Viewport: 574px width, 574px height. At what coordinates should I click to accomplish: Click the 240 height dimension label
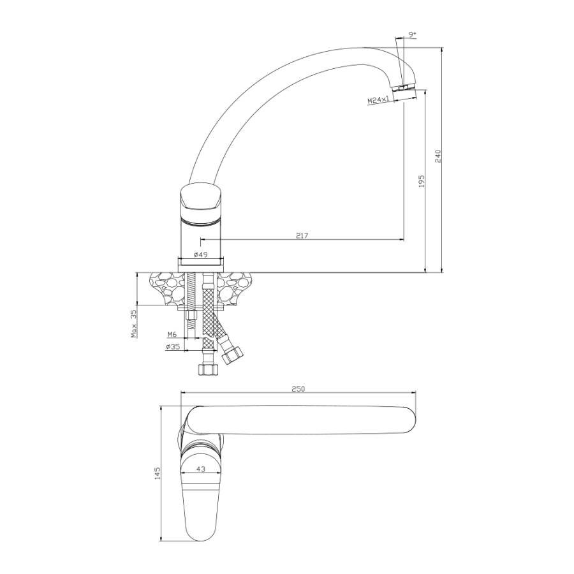(438, 156)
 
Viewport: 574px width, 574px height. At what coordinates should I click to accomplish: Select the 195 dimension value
(422, 181)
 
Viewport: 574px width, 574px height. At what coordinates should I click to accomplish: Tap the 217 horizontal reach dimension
(302, 235)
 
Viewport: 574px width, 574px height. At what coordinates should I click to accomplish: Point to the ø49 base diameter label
(200, 254)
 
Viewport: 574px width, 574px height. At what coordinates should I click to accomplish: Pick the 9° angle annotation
(412, 34)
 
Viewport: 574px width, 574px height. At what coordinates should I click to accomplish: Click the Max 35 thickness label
(134, 323)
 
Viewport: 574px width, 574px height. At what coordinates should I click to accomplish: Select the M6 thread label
(172, 334)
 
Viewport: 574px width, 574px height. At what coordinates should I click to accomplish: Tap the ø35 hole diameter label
(173, 346)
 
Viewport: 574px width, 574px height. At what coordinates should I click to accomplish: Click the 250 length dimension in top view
(298, 389)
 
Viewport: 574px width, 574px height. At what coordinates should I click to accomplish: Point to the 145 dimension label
(158, 473)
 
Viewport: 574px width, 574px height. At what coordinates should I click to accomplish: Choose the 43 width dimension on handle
(201, 469)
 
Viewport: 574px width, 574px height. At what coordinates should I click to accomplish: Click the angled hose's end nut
(232, 355)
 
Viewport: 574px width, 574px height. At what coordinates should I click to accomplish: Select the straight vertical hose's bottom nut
(208, 369)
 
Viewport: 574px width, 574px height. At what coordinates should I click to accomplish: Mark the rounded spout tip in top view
(409, 420)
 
